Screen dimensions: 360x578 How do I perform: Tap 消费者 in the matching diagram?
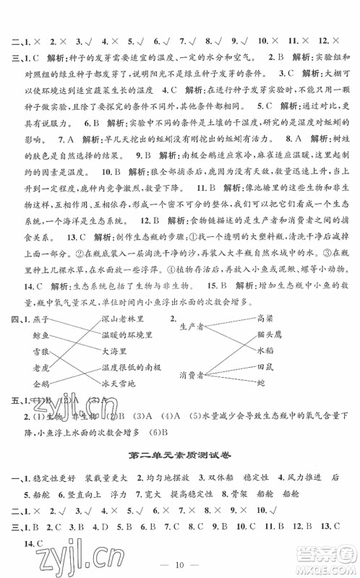(192, 374)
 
